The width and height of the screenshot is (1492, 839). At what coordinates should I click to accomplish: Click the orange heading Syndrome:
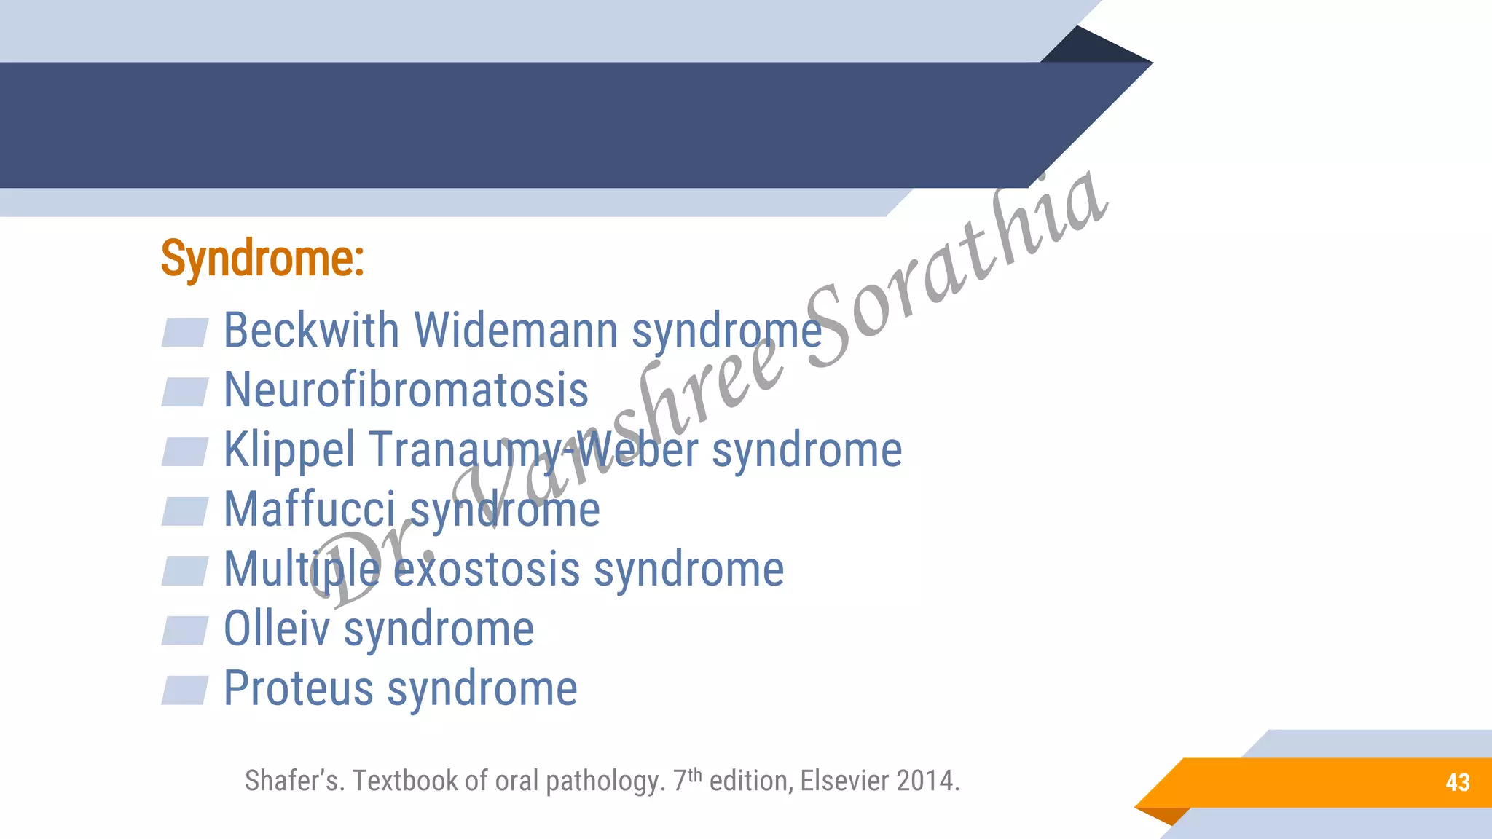click(262, 259)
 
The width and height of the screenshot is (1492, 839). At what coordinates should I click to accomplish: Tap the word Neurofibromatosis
click(406, 390)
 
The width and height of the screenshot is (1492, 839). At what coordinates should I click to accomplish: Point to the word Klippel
click(289, 450)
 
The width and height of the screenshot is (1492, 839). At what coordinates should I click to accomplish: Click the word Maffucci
click(310, 509)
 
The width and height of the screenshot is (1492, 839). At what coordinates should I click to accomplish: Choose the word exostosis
click(487, 569)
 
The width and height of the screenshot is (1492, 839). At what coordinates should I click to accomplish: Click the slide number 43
click(1457, 783)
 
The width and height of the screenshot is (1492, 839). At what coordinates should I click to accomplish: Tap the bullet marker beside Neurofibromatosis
click(185, 392)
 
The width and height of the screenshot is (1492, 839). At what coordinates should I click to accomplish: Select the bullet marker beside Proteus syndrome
click(185, 690)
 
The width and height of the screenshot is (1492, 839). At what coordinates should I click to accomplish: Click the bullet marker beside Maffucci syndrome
click(185, 511)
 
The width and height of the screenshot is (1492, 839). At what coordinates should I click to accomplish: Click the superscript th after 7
click(695, 774)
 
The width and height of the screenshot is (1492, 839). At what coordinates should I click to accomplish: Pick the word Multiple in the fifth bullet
click(302, 569)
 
